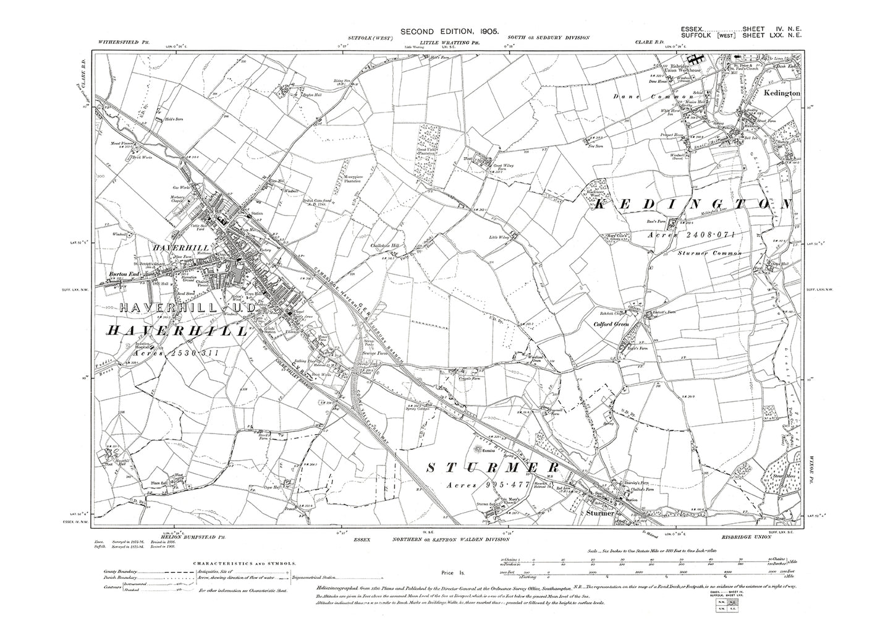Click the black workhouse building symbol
(696, 59)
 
